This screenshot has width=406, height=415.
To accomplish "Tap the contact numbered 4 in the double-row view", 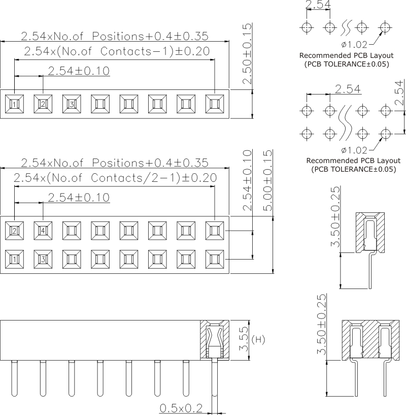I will coord(43,231).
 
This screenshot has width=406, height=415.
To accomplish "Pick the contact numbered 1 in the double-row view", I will coord(15,260).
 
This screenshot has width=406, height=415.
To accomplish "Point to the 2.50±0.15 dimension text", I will coord(247,54).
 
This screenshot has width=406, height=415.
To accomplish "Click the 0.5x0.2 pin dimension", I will coord(181,407).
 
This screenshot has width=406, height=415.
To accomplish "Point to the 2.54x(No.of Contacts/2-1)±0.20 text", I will coord(115,178).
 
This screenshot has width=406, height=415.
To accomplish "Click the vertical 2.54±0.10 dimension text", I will coord(247,180).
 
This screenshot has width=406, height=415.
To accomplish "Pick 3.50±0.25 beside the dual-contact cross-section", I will coord(321,325).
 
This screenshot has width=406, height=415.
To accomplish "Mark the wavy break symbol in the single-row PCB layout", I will coord(346,26).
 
